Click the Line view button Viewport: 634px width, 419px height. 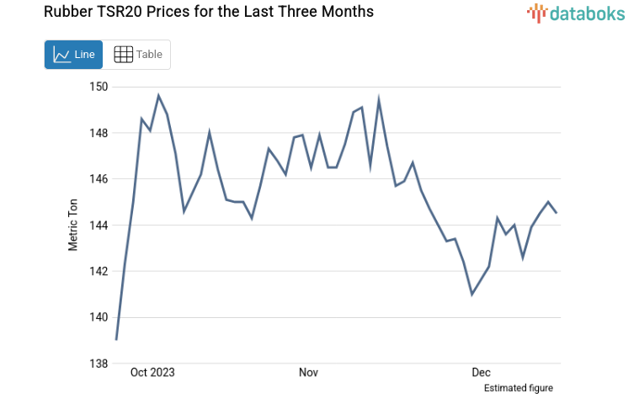click(x=74, y=55)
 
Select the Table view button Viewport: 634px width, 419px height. click(x=137, y=55)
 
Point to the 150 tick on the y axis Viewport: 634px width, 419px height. click(x=99, y=87)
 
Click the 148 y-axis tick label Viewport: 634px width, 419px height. click(x=99, y=133)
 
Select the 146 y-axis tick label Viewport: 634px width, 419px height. click(x=99, y=179)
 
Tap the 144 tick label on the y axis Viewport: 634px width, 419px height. click(x=99, y=225)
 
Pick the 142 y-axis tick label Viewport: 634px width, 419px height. click(x=99, y=272)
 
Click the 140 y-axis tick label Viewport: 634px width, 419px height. click(x=99, y=318)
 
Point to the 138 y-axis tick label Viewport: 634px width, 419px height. click(x=99, y=363)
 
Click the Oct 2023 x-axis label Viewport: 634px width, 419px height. click(x=152, y=372)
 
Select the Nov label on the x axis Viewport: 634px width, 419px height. click(x=308, y=372)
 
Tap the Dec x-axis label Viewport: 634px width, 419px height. click(x=481, y=372)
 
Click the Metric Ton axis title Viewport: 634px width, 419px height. click(x=73, y=225)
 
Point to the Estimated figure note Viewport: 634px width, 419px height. click(x=518, y=388)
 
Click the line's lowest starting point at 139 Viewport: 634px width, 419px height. click(x=116, y=340)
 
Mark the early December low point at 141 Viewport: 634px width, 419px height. click(x=472, y=294)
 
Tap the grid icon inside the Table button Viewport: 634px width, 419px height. click(x=123, y=55)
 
